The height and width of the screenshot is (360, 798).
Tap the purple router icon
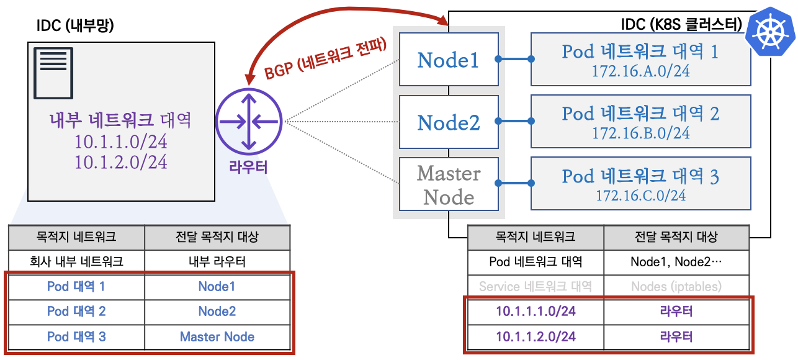(x=249, y=122)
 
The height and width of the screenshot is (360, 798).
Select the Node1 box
(x=449, y=60)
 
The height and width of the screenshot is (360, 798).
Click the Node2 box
(x=449, y=122)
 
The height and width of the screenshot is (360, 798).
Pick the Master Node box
(x=449, y=185)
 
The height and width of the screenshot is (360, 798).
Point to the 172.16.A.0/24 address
(x=640, y=71)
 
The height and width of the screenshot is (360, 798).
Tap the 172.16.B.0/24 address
(x=640, y=133)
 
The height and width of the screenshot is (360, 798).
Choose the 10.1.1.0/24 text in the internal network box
(x=121, y=142)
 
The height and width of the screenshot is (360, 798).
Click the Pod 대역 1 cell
(x=76, y=287)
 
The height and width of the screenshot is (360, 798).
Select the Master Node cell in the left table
(x=217, y=337)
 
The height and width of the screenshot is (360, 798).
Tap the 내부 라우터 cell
(x=217, y=261)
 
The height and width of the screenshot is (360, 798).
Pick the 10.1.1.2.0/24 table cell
(x=536, y=336)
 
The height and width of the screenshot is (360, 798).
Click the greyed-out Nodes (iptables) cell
(x=676, y=287)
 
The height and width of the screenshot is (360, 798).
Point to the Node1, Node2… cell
(x=676, y=261)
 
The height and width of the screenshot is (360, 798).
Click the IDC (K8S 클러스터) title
(x=681, y=25)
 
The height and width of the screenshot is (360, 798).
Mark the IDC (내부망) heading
(x=75, y=25)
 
